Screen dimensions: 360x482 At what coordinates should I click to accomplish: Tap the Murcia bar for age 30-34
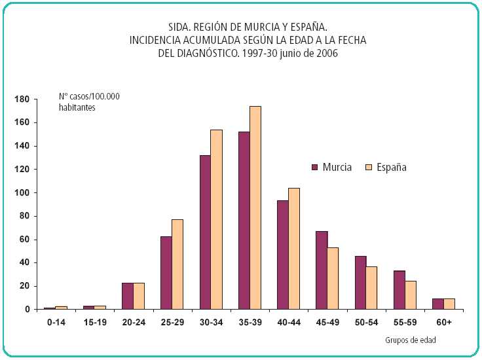[206, 232]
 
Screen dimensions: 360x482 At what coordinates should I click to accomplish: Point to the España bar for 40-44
[294, 248]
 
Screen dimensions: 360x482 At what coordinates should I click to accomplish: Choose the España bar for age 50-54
[371, 287]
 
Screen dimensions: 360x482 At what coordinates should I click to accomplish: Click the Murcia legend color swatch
[315, 168]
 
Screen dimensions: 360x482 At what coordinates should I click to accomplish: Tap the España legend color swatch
[369, 168]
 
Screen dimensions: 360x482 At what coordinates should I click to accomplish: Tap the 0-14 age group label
[56, 323]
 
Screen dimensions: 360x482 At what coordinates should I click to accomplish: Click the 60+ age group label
[443, 323]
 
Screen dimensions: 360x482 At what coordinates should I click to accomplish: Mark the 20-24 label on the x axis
[133, 323]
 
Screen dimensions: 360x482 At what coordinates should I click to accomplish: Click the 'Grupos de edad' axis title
[411, 340]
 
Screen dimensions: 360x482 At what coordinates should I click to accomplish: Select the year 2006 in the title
[325, 53]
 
